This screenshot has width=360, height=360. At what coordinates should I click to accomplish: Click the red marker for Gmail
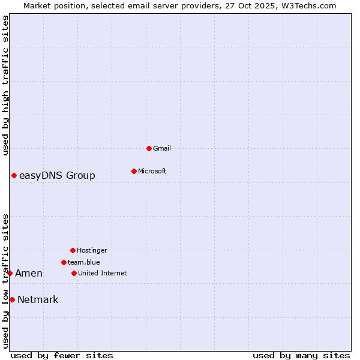[x=149, y=148]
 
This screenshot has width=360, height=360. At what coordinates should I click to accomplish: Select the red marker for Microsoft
[x=134, y=171]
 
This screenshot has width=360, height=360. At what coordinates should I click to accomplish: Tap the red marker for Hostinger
[x=73, y=250]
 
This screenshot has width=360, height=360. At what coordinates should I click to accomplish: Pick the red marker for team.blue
[x=64, y=262]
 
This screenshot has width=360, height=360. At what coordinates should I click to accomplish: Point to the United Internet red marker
[x=74, y=273]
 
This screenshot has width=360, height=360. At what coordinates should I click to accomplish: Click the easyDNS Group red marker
[x=14, y=175]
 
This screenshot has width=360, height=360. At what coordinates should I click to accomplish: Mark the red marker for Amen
[x=10, y=273]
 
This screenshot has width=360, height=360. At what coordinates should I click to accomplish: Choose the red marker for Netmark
[x=12, y=299]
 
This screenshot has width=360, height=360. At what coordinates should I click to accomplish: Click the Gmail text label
[x=162, y=148]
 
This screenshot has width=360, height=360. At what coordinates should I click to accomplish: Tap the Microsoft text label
[x=152, y=171]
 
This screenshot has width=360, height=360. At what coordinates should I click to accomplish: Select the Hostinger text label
[x=92, y=250]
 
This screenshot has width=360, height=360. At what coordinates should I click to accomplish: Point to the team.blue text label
[x=84, y=262]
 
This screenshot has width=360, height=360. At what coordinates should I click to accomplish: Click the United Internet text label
[x=103, y=273]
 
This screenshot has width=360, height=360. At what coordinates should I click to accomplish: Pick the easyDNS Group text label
[x=57, y=175]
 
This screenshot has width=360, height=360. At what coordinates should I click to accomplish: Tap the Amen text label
[x=29, y=273]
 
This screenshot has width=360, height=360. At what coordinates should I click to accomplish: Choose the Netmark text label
[x=38, y=299]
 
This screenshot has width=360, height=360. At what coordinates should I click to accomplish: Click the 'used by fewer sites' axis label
[x=62, y=355]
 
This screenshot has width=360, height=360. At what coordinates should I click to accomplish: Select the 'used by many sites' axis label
[x=301, y=355]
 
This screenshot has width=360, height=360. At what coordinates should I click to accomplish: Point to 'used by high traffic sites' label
[x=5, y=85]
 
